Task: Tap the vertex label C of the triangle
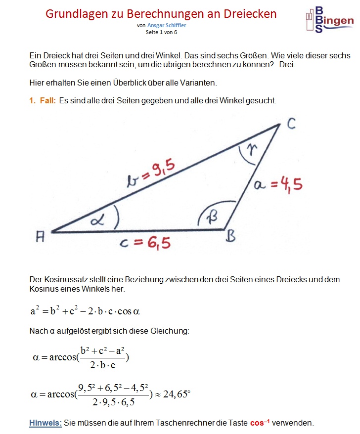click(291, 123)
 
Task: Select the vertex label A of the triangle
click(41, 237)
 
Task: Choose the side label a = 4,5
click(278, 185)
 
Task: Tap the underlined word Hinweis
click(45, 423)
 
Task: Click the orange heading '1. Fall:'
click(42, 100)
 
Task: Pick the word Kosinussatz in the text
click(61, 279)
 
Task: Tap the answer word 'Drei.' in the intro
click(287, 64)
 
